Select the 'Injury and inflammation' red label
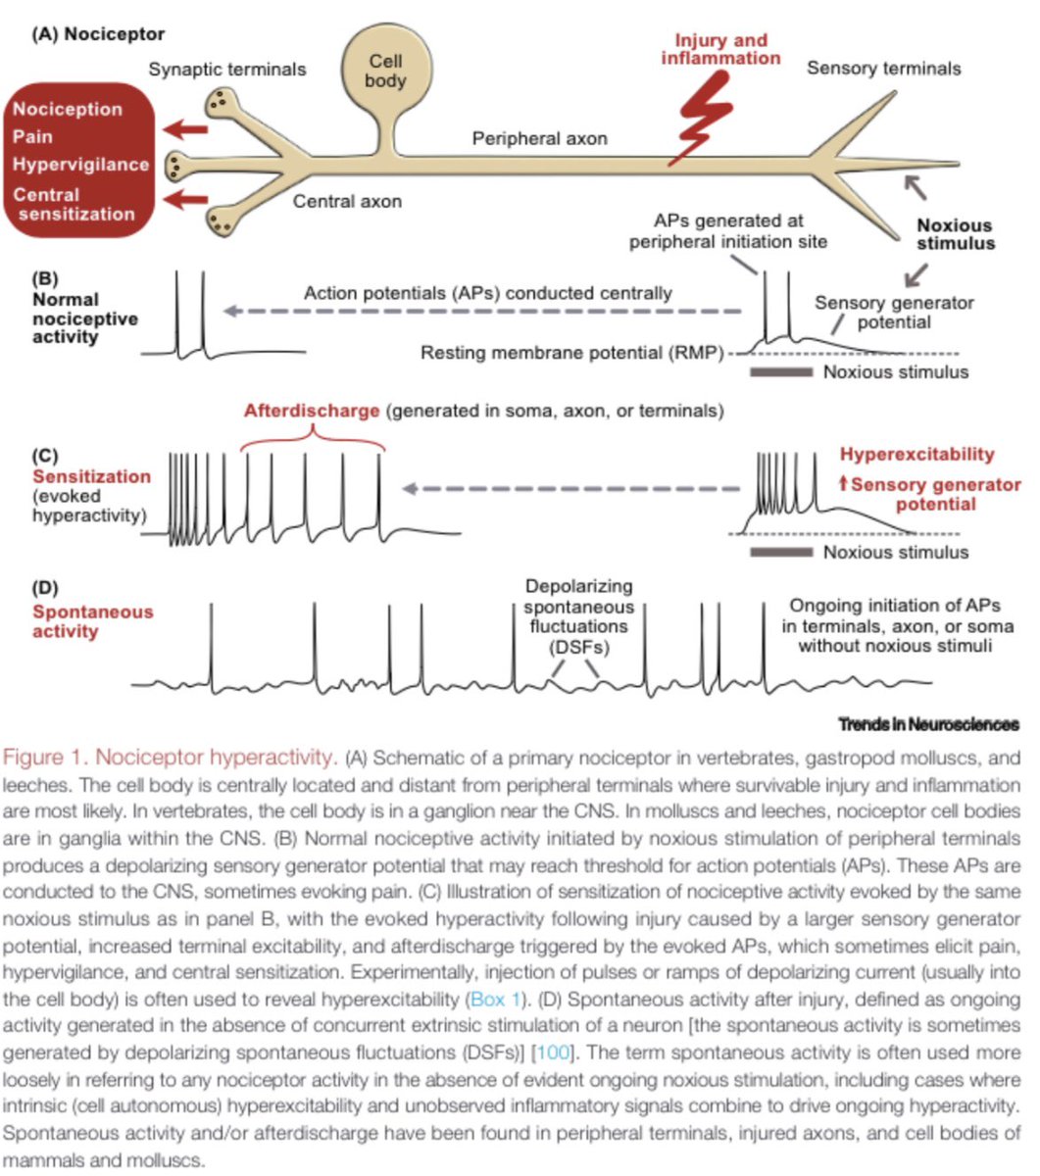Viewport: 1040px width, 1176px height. (x=720, y=49)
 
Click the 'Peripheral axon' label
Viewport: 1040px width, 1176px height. (x=539, y=138)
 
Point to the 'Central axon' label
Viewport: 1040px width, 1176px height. (x=347, y=202)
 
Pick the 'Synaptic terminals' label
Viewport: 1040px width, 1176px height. (x=227, y=69)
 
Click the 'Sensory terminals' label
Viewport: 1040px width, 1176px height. (x=883, y=68)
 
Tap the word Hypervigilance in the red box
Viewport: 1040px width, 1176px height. (x=81, y=164)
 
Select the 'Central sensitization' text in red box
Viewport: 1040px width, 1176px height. (x=74, y=204)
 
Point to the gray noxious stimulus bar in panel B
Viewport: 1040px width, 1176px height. (x=780, y=372)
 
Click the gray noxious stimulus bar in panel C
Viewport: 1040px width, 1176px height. (x=780, y=552)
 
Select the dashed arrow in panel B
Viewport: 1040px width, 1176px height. (x=480, y=312)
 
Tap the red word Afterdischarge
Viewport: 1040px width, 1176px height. (x=312, y=412)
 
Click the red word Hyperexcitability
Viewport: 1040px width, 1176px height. (x=916, y=454)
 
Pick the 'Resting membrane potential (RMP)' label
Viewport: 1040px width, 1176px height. (x=570, y=353)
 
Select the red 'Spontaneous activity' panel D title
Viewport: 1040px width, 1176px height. (x=93, y=621)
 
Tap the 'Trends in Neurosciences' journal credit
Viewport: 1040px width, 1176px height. (x=927, y=724)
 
